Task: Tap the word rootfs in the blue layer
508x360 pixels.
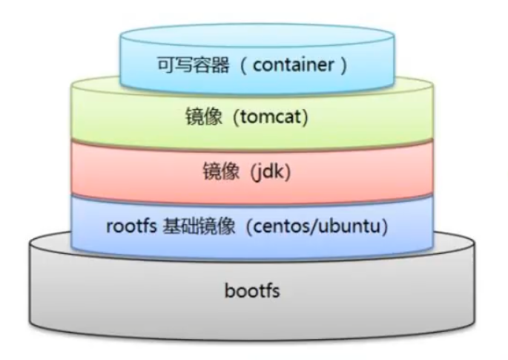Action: [130, 226]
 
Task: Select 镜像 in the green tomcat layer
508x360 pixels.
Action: [201, 117]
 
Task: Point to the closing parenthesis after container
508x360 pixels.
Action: [343, 64]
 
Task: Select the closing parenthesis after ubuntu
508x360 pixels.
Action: [386, 226]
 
